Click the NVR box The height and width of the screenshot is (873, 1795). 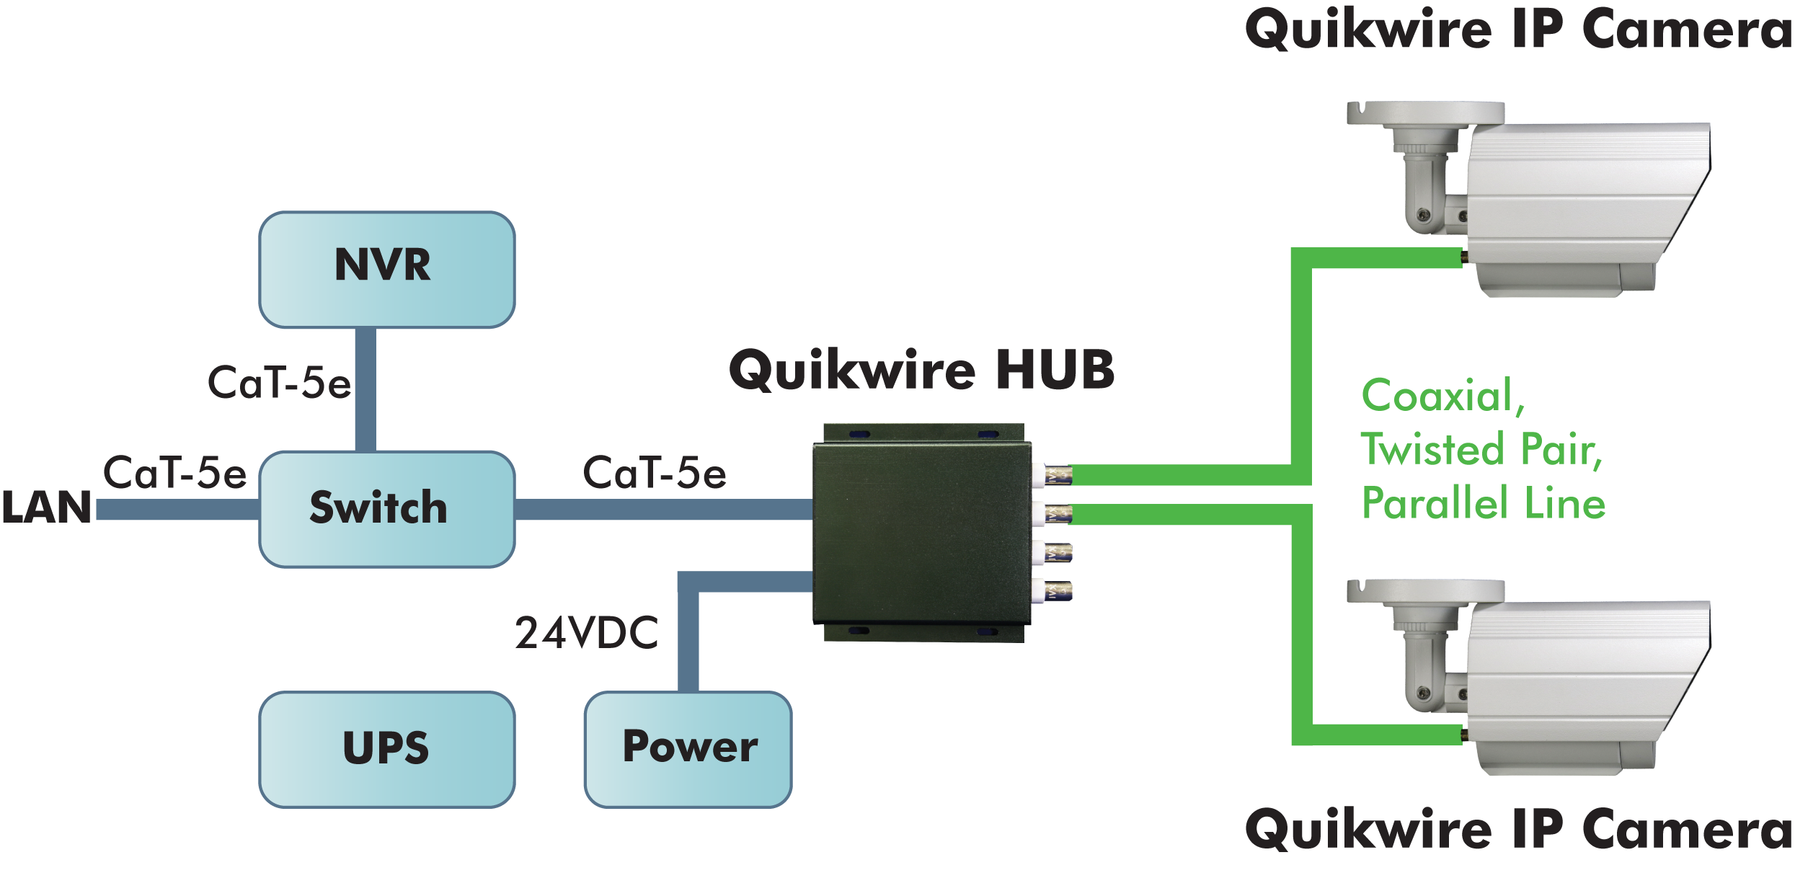(387, 269)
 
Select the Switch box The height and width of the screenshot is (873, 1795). (387, 508)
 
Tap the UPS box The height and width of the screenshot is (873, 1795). (387, 748)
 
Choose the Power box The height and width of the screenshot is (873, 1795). (688, 748)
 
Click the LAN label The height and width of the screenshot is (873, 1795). (46, 507)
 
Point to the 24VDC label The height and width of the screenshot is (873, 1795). (586, 633)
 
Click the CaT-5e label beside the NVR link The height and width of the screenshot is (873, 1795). (279, 383)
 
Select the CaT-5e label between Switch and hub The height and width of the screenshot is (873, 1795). (655, 474)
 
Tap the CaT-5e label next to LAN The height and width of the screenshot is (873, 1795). (174, 473)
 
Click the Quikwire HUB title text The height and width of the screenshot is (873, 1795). (921, 370)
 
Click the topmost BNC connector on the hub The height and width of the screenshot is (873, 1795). (1052, 475)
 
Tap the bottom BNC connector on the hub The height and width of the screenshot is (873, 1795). (1052, 592)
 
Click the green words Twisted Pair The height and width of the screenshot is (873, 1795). (1481, 449)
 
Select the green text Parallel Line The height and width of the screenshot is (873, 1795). (1483, 502)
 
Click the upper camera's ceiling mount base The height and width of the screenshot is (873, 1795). (1425, 113)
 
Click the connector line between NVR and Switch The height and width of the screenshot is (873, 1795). (365, 389)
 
